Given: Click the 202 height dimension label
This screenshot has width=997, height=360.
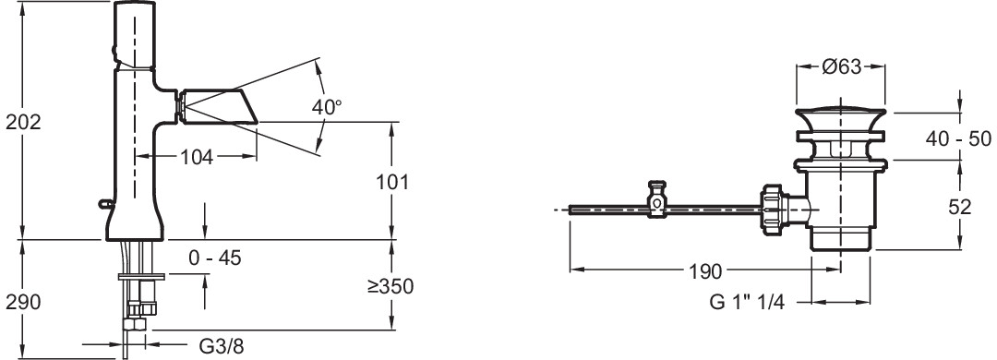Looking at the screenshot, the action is [23, 122].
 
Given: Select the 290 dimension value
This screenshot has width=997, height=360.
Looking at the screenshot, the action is [23, 302].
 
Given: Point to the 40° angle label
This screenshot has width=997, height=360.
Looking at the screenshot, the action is [327, 107].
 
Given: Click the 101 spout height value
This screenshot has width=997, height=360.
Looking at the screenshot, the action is [391, 181].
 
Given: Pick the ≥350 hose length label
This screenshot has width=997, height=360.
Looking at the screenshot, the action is [390, 285].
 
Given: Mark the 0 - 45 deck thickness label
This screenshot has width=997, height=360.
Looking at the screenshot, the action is [215, 258].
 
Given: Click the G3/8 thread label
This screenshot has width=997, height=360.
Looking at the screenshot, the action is [222, 347].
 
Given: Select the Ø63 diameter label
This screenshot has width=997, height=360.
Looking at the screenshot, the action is [841, 66].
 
